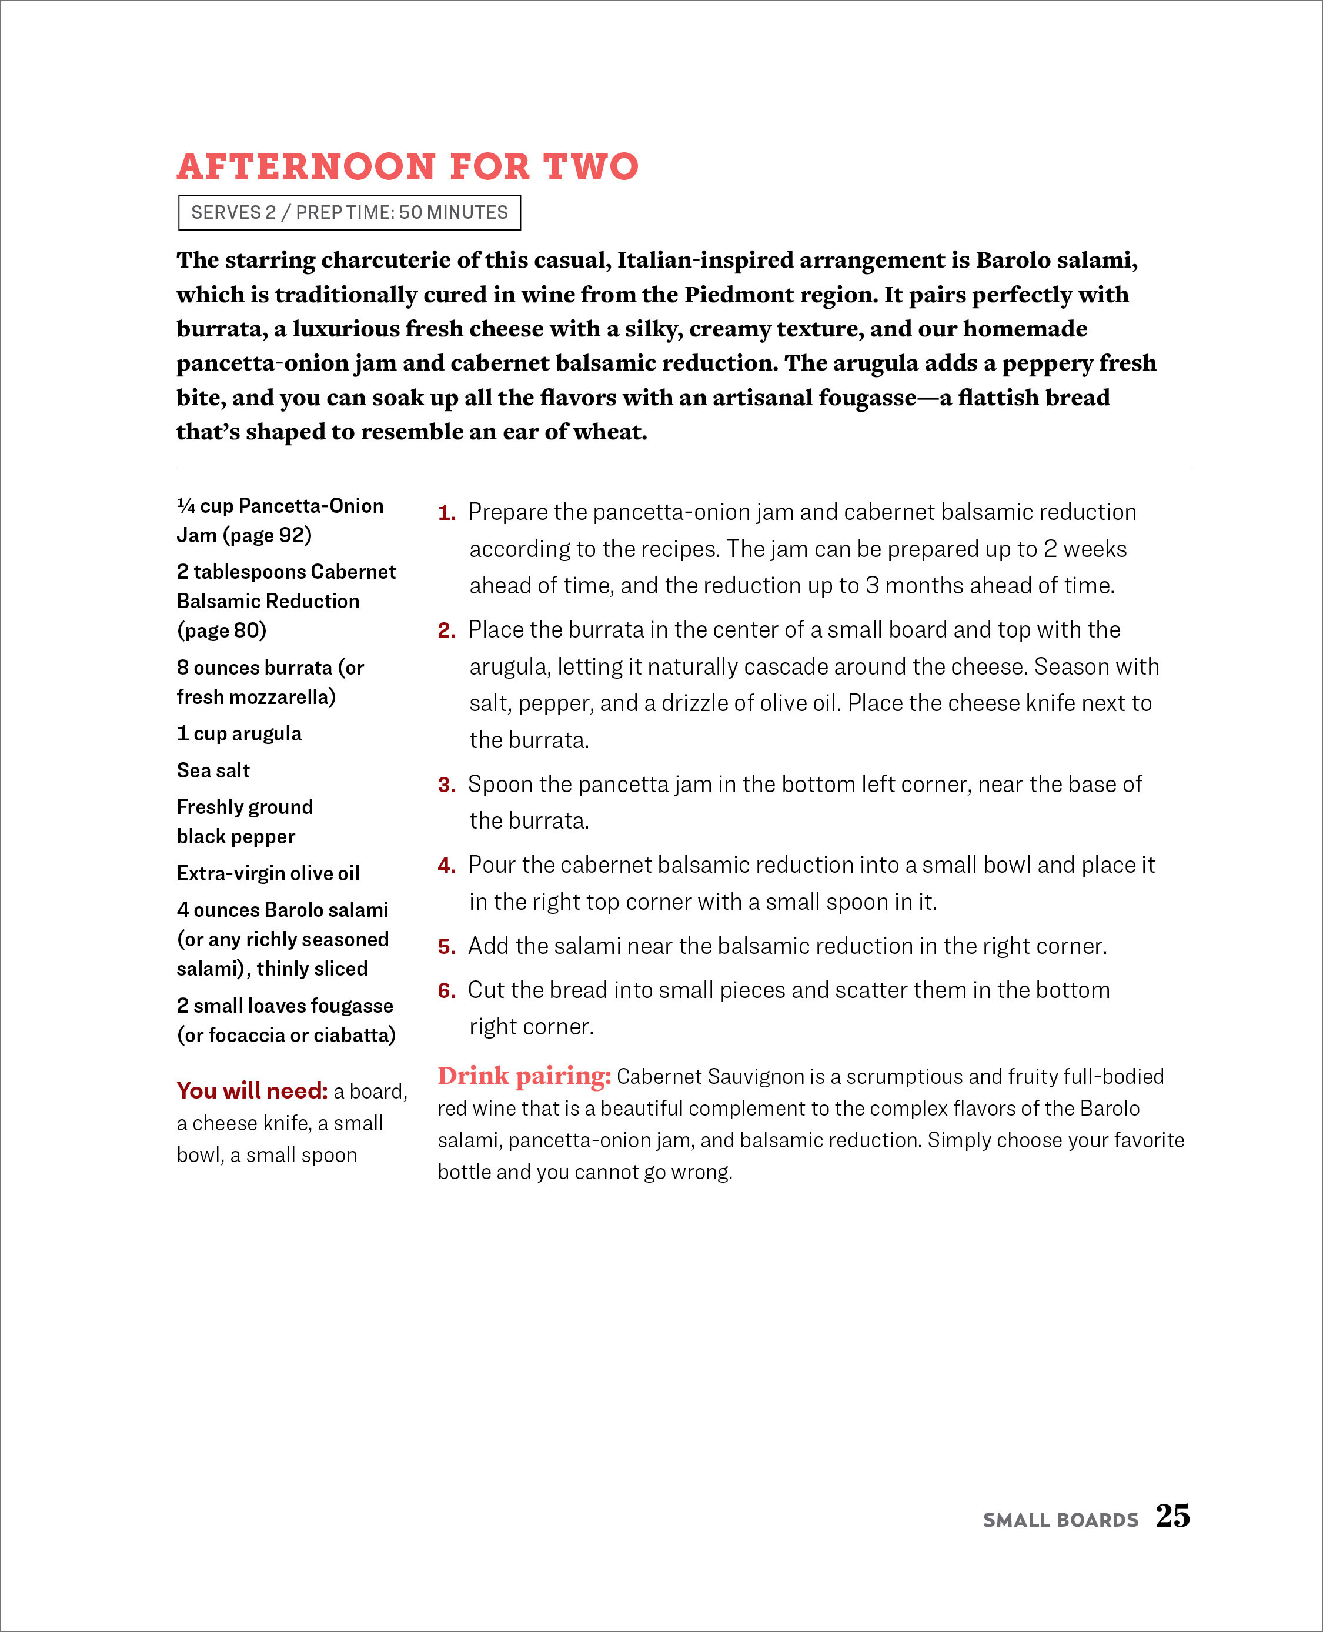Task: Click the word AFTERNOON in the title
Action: pyautogui.click(x=306, y=167)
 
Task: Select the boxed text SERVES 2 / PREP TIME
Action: pyautogui.click(x=349, y=213)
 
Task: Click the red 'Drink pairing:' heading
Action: pyautogui.click(x=524, y=1076)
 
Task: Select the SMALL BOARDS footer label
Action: pyautogui.click(x=1060, y=1520)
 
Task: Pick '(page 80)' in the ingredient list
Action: pyautogui.click(x=222, y=630)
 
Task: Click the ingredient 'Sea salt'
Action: pyautogui.click(x=213, y=770)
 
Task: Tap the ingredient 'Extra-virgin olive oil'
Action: pyautogui.click(x=268, y=873)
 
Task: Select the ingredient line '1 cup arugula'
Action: pyautogui.click(x=239, y=733)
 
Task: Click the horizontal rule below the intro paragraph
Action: pyautogui.click(x=683, y=469)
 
